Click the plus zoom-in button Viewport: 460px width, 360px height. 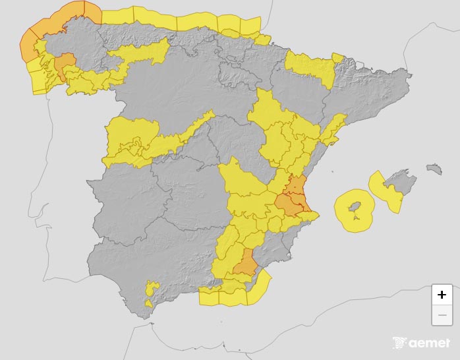pos(442,295)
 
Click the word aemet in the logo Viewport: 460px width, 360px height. pos(429,343)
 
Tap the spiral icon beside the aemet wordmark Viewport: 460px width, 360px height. pos(400,343)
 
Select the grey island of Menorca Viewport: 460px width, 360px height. pos(434,169)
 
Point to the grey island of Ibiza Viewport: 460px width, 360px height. pos(354,210)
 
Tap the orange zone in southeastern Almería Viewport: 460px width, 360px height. pos(246,264)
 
